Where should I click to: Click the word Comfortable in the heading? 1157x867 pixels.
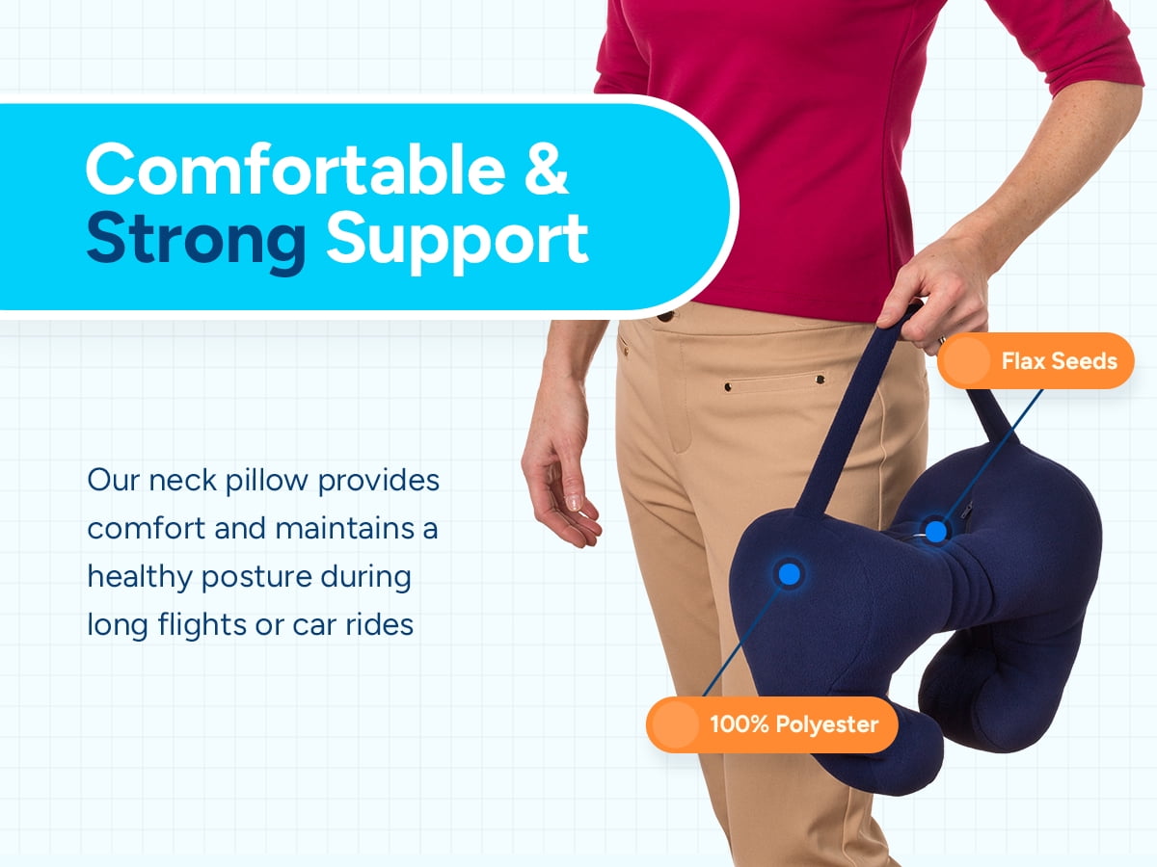(x=296, y=170)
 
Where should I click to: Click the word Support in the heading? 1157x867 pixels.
(x=457, y=243)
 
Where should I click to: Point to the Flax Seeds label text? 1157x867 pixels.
(x=1059, y=361)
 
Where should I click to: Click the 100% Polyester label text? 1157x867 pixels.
(x=794, y=724)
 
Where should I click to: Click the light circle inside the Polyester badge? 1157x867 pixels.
(x=675, y=724)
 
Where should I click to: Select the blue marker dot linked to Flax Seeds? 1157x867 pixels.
(x=935, y=532)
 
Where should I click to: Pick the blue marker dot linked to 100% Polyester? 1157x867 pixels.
(x=789, y=573)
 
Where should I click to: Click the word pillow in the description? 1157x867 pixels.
(x=267, y=481)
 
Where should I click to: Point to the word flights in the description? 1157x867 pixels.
(x=202, y=625)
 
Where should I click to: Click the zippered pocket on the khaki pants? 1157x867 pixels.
(x=773, y=383)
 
